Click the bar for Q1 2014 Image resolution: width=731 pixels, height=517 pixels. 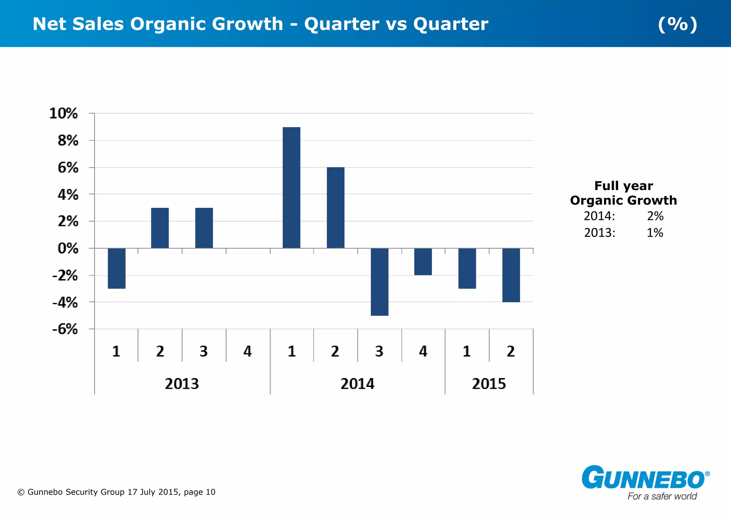(291, 187)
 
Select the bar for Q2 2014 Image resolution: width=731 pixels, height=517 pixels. (336, 207)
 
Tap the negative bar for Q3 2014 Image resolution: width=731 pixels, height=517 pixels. (379, 282)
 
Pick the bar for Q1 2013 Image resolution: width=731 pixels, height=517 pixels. (116, 268)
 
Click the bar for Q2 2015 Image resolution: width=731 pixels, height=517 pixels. (511, 275)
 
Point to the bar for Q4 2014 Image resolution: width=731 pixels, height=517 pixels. (423, 261)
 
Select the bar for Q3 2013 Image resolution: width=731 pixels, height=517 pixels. (204, 228)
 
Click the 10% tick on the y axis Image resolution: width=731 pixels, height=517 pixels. (64, 114)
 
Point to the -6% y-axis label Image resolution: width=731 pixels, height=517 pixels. (65, 329)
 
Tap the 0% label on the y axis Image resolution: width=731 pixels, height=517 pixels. (68, 249)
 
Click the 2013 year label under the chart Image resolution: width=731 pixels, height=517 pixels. (182, 384)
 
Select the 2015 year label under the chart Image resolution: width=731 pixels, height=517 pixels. (489, 384)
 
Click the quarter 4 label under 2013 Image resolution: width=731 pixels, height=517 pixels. (247, 352)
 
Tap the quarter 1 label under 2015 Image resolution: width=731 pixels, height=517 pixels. (467, 352)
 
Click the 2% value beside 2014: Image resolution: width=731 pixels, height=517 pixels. (655, 216)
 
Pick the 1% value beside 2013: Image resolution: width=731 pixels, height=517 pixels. (655, 233)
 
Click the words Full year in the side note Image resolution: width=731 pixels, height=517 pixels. (623, 186)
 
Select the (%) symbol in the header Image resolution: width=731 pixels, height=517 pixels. (677, 24)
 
